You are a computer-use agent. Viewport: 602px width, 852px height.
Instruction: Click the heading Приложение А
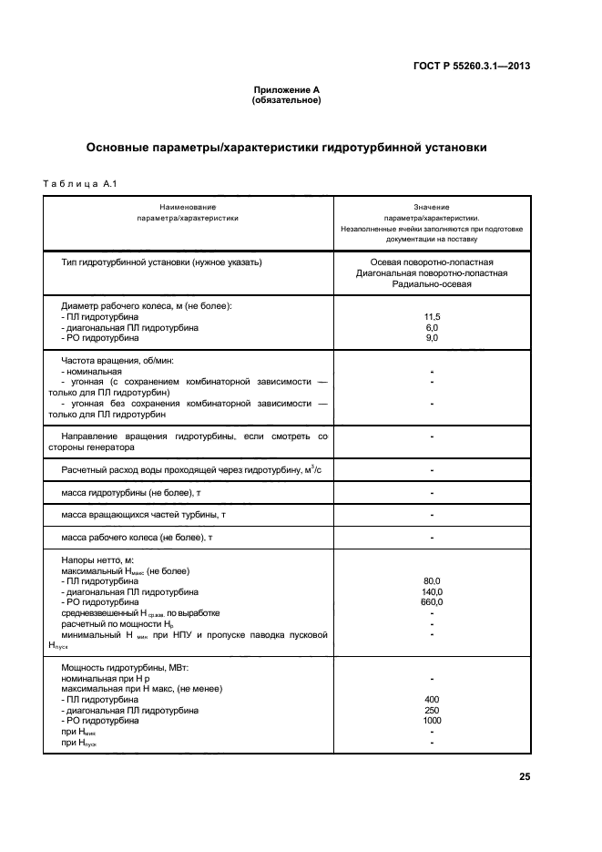286,90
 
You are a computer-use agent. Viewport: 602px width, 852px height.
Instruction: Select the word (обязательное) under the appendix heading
286,100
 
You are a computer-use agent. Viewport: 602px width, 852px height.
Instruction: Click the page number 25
525,777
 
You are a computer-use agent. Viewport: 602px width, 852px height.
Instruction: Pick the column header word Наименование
188,208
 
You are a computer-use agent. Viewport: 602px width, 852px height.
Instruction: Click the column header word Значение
432,208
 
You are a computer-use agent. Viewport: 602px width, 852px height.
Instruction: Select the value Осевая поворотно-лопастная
432,262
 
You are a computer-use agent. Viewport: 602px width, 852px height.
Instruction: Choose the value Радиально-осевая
432,284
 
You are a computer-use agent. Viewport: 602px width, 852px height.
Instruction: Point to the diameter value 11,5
432,316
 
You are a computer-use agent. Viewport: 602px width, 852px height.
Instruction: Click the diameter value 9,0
432,338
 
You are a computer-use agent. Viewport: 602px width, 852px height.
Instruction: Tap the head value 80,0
432,580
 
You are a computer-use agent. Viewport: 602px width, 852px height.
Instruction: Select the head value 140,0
432,591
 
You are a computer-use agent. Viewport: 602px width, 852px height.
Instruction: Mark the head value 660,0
432,602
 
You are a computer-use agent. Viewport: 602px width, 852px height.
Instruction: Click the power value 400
432,699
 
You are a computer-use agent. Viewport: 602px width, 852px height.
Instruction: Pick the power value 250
432,710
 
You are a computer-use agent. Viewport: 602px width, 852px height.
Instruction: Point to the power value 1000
432,721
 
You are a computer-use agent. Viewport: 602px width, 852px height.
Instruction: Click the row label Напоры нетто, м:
97,559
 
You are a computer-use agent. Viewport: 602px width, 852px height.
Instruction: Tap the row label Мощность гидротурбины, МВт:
122,668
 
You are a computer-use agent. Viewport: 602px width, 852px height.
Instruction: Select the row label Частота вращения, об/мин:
117,361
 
